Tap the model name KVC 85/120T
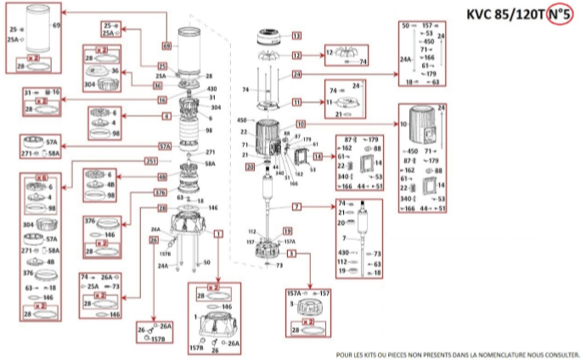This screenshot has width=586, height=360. pos(506,14)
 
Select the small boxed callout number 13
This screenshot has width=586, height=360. pos(297,37)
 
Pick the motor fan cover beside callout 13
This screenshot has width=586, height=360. pos(272,37)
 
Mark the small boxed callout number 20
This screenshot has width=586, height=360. pos(250,167)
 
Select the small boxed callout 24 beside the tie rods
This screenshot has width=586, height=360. pos(297,75)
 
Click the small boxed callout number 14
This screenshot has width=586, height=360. pos(318,157)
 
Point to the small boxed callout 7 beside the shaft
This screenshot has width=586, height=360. pos(297,207)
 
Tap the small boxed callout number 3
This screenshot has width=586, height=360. pos(291,253)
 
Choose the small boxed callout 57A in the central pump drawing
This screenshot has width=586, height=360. pos(164,145)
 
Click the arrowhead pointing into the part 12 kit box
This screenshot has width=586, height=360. pos(319,55)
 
